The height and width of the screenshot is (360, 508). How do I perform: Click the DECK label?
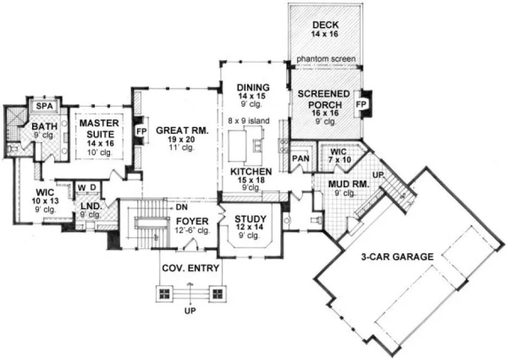pyautogui.click(x=325, y=24)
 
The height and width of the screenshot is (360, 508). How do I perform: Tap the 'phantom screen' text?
pyautogui.click(x=326, y=59)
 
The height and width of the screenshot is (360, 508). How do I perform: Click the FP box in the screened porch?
pyautogui.click(x=361, y=103)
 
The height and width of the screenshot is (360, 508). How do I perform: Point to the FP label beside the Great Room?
pyautogui.click(x=141, y=131)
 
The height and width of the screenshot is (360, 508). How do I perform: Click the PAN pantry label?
pyautogui.click(x=300, y=158)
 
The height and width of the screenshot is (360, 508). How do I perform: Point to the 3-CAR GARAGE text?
pyautogui.click(x=397, y=256)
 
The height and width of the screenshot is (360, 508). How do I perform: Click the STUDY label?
pyautogui.click(x=250, y=218)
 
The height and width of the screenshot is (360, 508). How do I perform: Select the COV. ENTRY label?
pyautogui.click(x=190, y=268)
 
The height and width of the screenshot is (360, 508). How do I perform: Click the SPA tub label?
pyautogui.click(x=43, y=105)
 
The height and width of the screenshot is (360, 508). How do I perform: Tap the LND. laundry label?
pyautogui.click(x=89, y=207)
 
